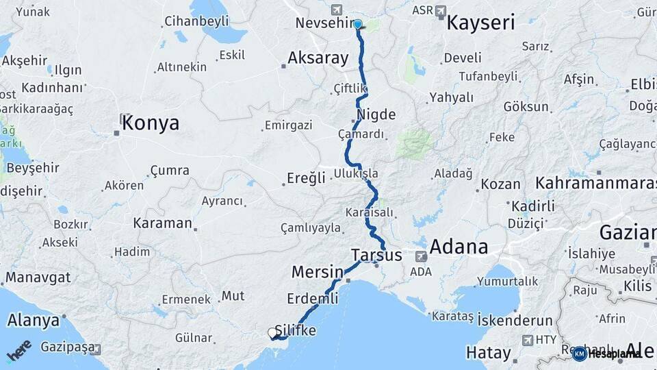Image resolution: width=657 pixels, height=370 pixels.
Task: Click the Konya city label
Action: (x=152, y=123)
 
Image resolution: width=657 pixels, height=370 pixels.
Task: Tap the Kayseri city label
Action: (x=480, y=23)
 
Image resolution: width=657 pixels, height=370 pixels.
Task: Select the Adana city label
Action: (x=459, y=247)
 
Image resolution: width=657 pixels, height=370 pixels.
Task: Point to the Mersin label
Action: (x=317, y=271)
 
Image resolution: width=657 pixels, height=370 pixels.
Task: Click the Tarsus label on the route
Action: (x=376, y=255)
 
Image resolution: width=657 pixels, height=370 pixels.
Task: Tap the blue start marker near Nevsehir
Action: (x=358, y=25)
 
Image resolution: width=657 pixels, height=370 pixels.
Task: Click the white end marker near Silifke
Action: (x=272, y=334)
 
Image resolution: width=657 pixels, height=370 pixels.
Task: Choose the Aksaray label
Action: (x=318, y=58)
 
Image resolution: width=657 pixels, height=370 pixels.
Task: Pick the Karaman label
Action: (x=163, y=223)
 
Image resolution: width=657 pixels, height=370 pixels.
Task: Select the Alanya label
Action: (x=34, y=320)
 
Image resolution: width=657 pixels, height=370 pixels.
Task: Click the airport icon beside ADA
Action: (x=421, y=256)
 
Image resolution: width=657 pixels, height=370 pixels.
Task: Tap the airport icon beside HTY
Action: (x=528, y=340)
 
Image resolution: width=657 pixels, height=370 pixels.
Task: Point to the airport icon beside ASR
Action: (x=440, y=11)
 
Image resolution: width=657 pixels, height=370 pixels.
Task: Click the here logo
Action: (x=18, y=351)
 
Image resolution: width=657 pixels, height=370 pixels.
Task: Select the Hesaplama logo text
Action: (x=614, y=354)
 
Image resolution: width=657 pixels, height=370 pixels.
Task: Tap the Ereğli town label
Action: (x=306, y=178)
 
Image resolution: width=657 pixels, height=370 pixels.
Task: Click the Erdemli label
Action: (x=313, y=299)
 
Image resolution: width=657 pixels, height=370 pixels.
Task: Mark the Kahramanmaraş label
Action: (x=595, y=184)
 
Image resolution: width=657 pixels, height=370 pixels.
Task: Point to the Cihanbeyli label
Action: (x=196, y=21)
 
